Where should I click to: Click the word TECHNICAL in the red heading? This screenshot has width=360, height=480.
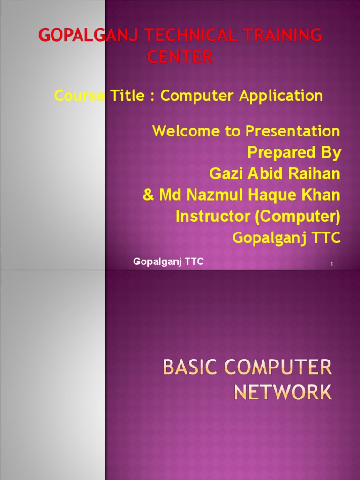click(x=191, y=35)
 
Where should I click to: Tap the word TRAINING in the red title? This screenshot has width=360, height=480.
click(x=283, y=35)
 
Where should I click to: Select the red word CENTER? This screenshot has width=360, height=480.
click(x=180, y=57)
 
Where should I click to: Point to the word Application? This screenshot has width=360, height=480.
click(x=281, y=96)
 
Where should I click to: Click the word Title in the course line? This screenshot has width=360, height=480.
click(x=127, y=95)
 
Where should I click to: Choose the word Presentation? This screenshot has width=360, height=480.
click(x=292, y=131)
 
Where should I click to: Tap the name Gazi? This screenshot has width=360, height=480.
click(x=226, y=173)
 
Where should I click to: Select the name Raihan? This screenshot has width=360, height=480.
click(x=314, y=173)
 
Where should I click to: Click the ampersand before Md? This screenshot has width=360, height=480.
click(x=149, y=195)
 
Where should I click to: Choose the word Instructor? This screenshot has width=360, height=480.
click(x=213, y=216)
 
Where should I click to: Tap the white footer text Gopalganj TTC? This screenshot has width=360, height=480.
click(x=168, y=262)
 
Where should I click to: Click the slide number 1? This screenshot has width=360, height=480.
click(x=331, y=264)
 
